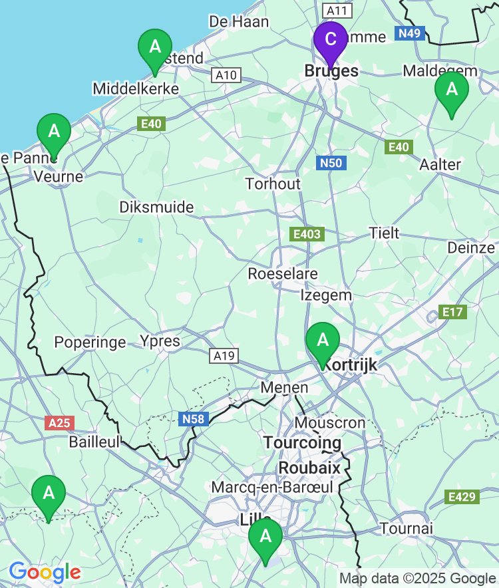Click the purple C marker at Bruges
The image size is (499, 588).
coord(330,39)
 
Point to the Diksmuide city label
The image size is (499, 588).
coord(156,207)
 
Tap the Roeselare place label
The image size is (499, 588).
coord(283,273)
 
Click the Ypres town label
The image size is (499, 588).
coord(160,341)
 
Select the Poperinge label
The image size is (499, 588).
coord(90,343)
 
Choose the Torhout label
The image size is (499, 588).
coord(273,184)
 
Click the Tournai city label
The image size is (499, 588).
coord(407,528)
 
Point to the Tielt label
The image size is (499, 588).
coord(385,233)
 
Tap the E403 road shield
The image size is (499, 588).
coord(306,234)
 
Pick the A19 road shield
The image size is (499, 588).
coord(224,356)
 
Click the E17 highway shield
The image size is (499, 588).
coord(454,312)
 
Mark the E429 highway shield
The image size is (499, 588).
coord(461,496)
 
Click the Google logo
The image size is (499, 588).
coord(45,572)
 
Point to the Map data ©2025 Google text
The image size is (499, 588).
coord(417,578)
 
